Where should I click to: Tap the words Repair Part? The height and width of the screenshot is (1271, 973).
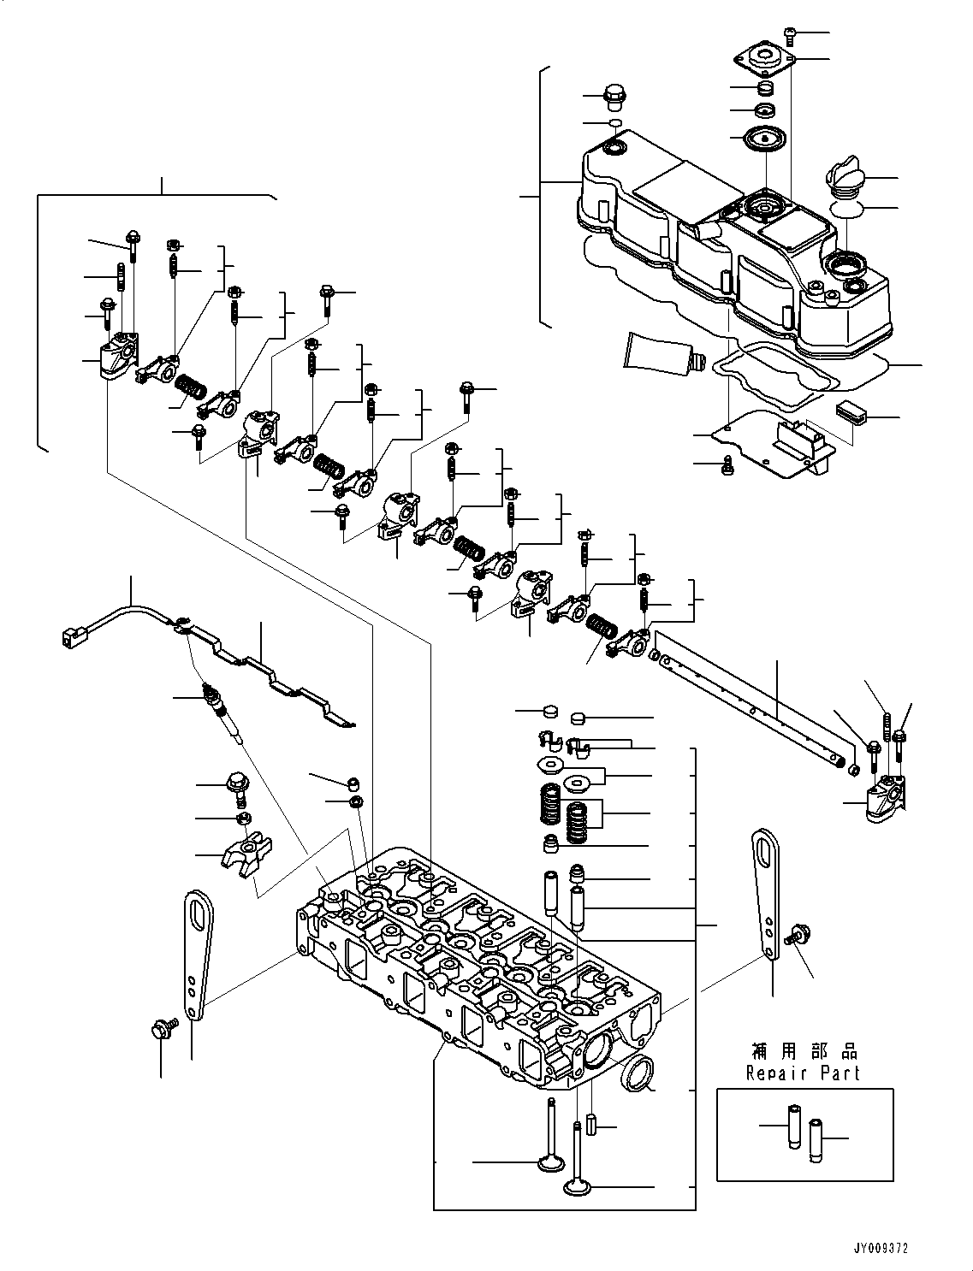(x=802, y=1073)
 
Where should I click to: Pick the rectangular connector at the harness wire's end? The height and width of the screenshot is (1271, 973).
(x=72, y=635)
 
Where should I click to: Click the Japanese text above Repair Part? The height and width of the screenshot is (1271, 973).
(x=802, y=1051)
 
